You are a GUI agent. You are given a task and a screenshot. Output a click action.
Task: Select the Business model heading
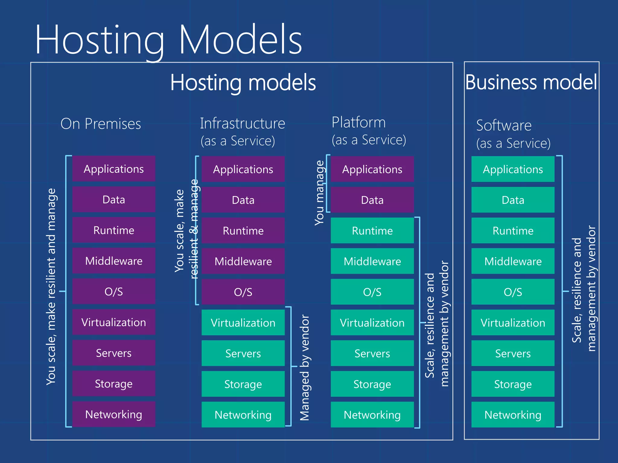tap(531, 82)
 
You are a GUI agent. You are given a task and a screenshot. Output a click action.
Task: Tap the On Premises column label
tap(100, 124)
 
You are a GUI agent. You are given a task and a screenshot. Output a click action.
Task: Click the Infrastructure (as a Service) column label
tap(242, 132)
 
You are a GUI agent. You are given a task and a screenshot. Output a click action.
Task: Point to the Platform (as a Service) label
tap(368, 131)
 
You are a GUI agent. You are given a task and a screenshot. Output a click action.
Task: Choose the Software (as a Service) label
tap(513, 134)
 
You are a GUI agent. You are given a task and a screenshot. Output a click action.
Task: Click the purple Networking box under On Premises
tap(114, 414)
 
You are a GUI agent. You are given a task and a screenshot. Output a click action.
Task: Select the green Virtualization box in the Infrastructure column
tap(243, 323)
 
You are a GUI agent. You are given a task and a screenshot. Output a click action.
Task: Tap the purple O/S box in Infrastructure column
tap(243, 292)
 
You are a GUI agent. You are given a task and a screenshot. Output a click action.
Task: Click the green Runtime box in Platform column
tap(372, 231)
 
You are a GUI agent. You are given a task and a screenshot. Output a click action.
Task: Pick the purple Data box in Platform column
tap(372, 200)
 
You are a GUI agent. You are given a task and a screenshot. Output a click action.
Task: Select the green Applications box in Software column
tap(513, 169)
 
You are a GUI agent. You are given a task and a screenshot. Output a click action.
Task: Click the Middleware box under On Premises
tap(114, 261)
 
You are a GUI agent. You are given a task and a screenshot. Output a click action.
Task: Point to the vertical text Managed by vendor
tap(305, 368)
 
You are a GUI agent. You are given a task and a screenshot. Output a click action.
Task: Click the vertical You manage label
tap(319, 193)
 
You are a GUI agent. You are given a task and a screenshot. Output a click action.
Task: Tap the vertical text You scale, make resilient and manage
tap(51, 286)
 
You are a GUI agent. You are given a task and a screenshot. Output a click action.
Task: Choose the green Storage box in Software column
tap(513, 384)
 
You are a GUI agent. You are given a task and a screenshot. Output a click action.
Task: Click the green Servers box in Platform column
tap(372, 353)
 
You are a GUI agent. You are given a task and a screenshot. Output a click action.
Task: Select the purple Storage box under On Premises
tap(114, 383)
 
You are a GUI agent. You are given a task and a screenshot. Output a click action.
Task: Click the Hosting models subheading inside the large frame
tap(243, 83)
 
